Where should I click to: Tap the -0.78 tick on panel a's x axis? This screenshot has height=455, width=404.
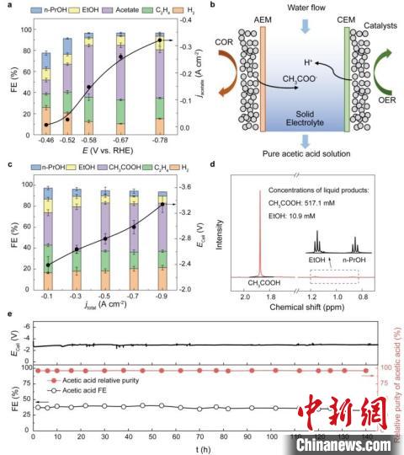point(161,140)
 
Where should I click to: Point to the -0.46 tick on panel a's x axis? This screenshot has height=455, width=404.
point(45,140)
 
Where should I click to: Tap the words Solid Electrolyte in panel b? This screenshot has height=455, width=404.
point(300,124)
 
